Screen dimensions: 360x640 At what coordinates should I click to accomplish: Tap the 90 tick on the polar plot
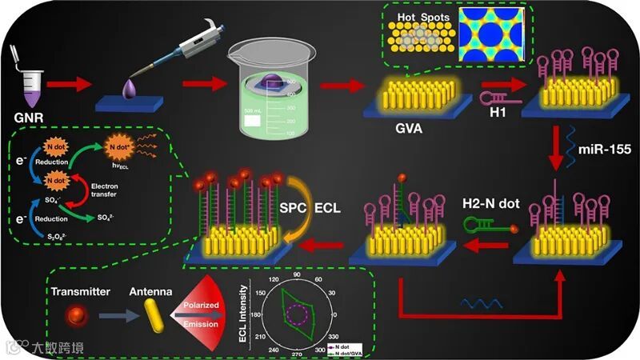(x=297, y=277)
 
